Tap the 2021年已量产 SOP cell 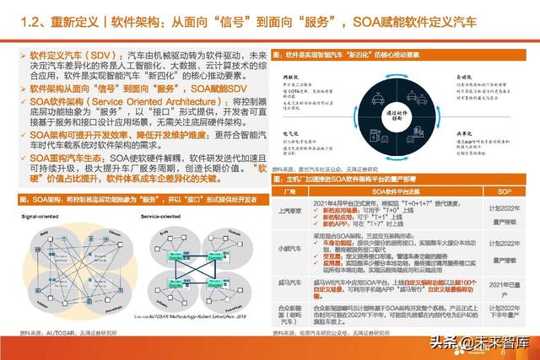pos(501,287)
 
